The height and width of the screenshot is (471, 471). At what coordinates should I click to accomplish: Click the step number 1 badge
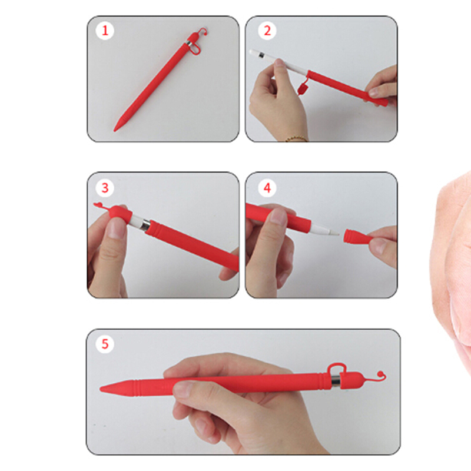coord(105,31)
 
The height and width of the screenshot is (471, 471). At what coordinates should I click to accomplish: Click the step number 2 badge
coord(267,31)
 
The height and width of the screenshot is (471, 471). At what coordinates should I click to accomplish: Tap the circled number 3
coord(105,188)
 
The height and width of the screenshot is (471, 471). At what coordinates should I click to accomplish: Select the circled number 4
coord(267,188)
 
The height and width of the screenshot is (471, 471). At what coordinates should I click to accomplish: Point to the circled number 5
coord(105,344)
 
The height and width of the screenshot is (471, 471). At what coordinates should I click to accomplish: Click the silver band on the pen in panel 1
coord(189,44)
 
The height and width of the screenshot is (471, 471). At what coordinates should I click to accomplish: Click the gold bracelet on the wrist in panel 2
coord(296,138)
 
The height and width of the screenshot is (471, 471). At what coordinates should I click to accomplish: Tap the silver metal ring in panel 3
coord(145,224)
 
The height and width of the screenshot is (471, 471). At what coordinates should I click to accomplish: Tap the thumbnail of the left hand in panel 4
coord(278,217)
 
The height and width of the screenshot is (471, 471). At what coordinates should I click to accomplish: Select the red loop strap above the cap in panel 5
coord(336,366)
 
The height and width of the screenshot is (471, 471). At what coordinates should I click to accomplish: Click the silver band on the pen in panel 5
coord(336,379)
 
